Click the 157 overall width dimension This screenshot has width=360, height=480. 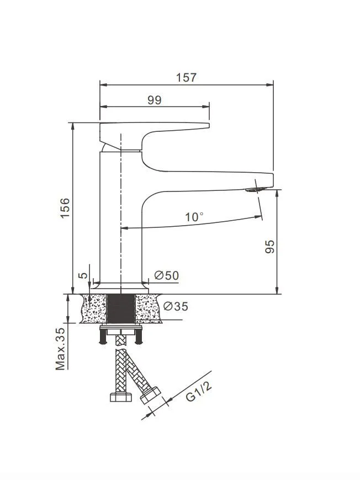(x=187, y=77)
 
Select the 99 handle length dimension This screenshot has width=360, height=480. (x=155, y=100)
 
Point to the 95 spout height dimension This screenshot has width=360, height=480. (x=269, y=246)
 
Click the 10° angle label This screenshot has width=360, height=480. (x=194, y=217)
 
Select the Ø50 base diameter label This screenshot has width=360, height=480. (x=167, y=275)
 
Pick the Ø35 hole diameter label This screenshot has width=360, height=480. (x=176, y=307)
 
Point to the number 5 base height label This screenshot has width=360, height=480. (x=82, y=275)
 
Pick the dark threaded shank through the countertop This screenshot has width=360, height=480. (x=120, y=308)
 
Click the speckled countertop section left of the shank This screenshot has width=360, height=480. (x=94, y=308)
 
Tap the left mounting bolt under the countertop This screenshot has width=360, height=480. (x=102, y=335)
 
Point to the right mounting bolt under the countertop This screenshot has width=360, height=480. (x=138, y=335)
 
